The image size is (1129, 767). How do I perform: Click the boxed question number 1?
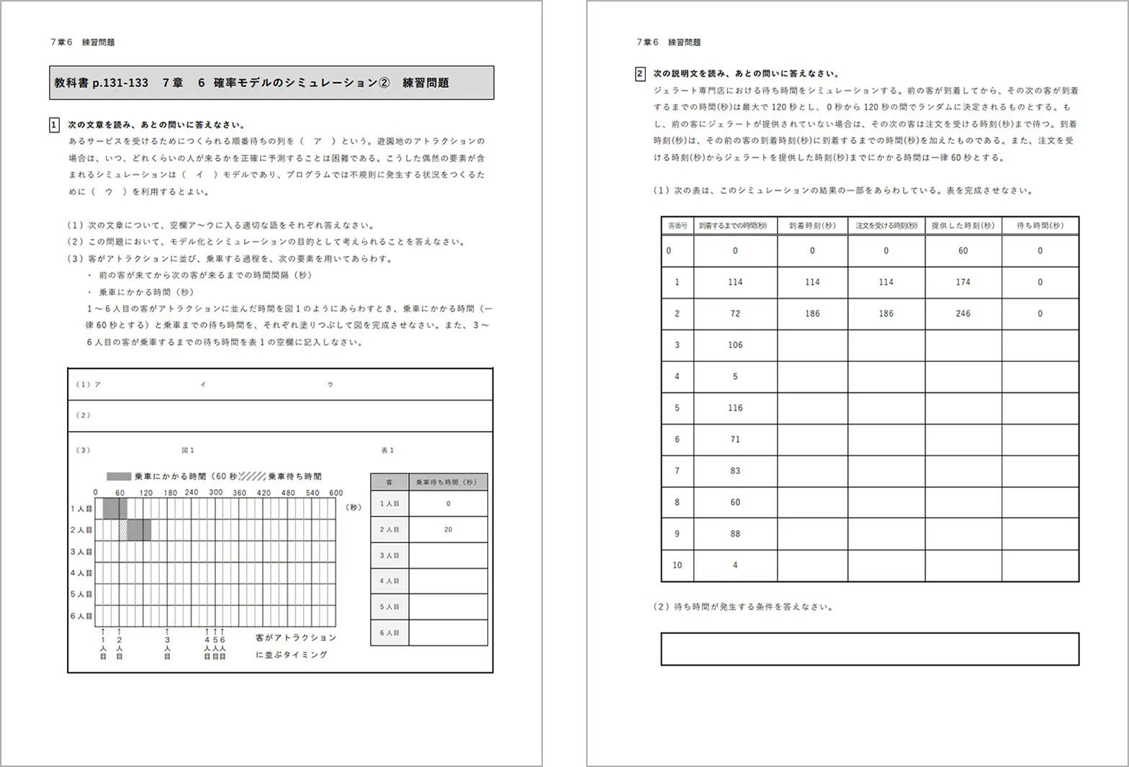(54, 125)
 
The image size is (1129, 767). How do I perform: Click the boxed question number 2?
(640, 73)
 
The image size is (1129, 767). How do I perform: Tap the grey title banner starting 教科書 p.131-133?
(271, 83)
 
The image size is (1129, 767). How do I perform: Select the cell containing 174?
(963, 282)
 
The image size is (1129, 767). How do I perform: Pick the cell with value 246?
(963, 314)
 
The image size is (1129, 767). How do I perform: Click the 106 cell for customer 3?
(734, 345)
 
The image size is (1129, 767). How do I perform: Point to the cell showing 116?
(734, 408)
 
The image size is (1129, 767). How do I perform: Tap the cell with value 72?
(734, 314)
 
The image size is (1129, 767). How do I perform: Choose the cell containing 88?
(734, 534)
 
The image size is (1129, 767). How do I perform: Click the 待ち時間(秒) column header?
(1040, 225)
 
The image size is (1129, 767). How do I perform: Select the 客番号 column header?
(678, 225)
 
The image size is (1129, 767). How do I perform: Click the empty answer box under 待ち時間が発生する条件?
(870, 649)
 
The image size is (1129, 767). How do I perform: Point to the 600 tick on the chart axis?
(336, 493)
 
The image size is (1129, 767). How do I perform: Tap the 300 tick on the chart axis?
(216, 493)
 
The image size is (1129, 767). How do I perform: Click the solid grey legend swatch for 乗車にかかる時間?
(119, 476)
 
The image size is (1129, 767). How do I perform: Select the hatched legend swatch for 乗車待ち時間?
(252, 476)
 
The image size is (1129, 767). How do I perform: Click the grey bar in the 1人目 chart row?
(115, 508)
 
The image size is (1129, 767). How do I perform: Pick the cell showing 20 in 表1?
(448, 530)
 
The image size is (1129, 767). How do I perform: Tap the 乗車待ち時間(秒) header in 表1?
(448, 482)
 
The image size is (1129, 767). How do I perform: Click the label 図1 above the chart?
(188, 450)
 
